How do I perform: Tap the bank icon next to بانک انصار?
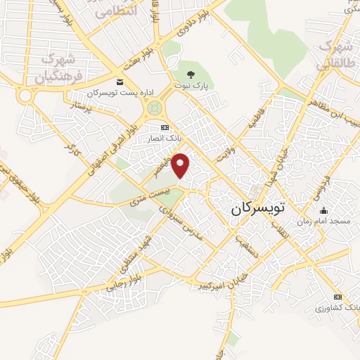165,127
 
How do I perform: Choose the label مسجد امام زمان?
323,221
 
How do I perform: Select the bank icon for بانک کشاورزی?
338,297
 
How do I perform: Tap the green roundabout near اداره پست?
153,108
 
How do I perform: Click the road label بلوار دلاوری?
193,27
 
